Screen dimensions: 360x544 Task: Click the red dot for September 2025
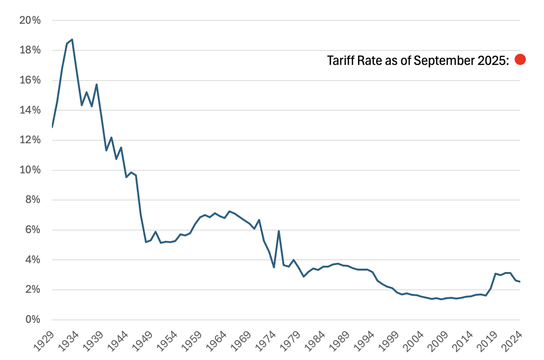pyautogui.click(x=520, y=59)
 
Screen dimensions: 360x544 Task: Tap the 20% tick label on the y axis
pyautogui.click(x=30, y=20)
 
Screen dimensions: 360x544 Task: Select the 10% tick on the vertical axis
pyautogui.click(x=30, y=170)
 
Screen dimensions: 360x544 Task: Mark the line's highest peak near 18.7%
pyautogui.click(x=72, y=39)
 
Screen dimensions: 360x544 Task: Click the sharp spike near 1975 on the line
pyautogui.click(x=279, y=231)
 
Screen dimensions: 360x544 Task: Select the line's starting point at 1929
pyautogui.click(x=53, y=126)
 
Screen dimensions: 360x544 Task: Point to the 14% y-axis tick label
pyautogui.click(x=30, y=110)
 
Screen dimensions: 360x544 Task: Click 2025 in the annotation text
pyautogui.click(x=492, y=60)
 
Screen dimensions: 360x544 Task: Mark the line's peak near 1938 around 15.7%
pyautogui.click(x=97, y=84)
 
